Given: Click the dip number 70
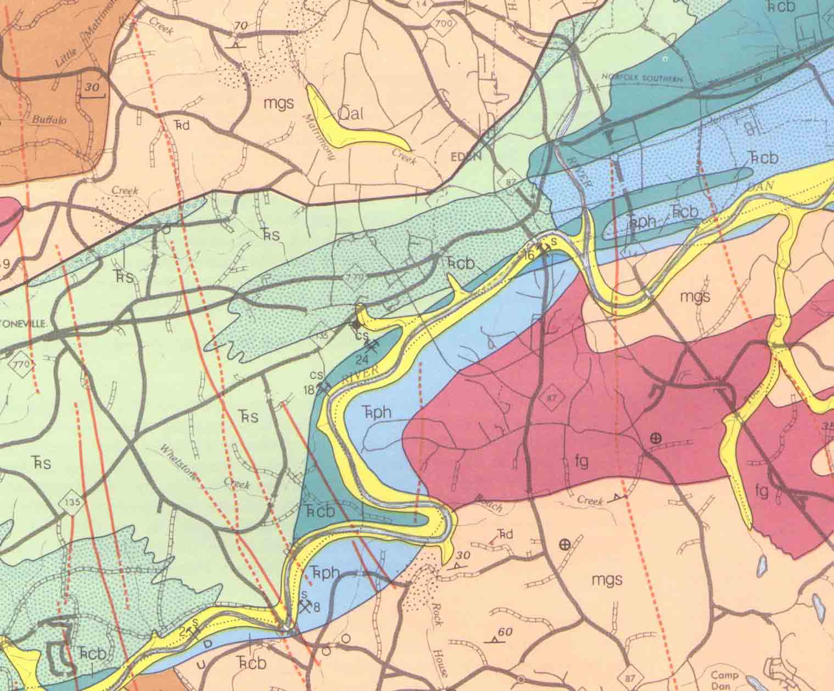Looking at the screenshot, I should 239,26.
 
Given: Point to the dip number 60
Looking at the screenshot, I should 505,633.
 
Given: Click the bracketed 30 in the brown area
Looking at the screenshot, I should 92,88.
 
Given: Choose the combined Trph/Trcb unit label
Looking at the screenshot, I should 662,216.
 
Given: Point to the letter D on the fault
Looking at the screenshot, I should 207,643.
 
